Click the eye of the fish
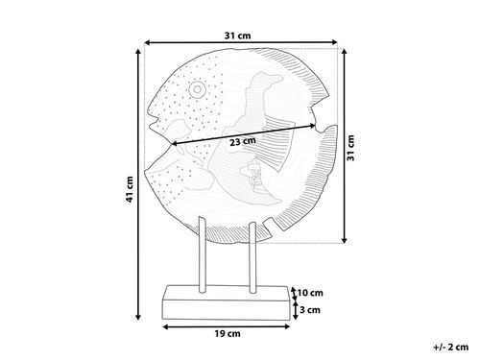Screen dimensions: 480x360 tap(197, 90)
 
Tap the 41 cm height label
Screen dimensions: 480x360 tap(130, 189)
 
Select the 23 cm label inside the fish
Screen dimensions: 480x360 tap(243, 141)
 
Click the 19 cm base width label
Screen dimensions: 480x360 tap(228, 334)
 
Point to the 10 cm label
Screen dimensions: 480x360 tap(310, 293)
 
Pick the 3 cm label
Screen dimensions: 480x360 tap(310, 310)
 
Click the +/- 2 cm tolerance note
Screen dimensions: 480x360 tap(451, 347)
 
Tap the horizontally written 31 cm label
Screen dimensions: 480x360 tap(237, 36)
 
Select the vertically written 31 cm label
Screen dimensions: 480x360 tap(351, 148)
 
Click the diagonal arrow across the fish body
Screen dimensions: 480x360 tap(244, 134)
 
